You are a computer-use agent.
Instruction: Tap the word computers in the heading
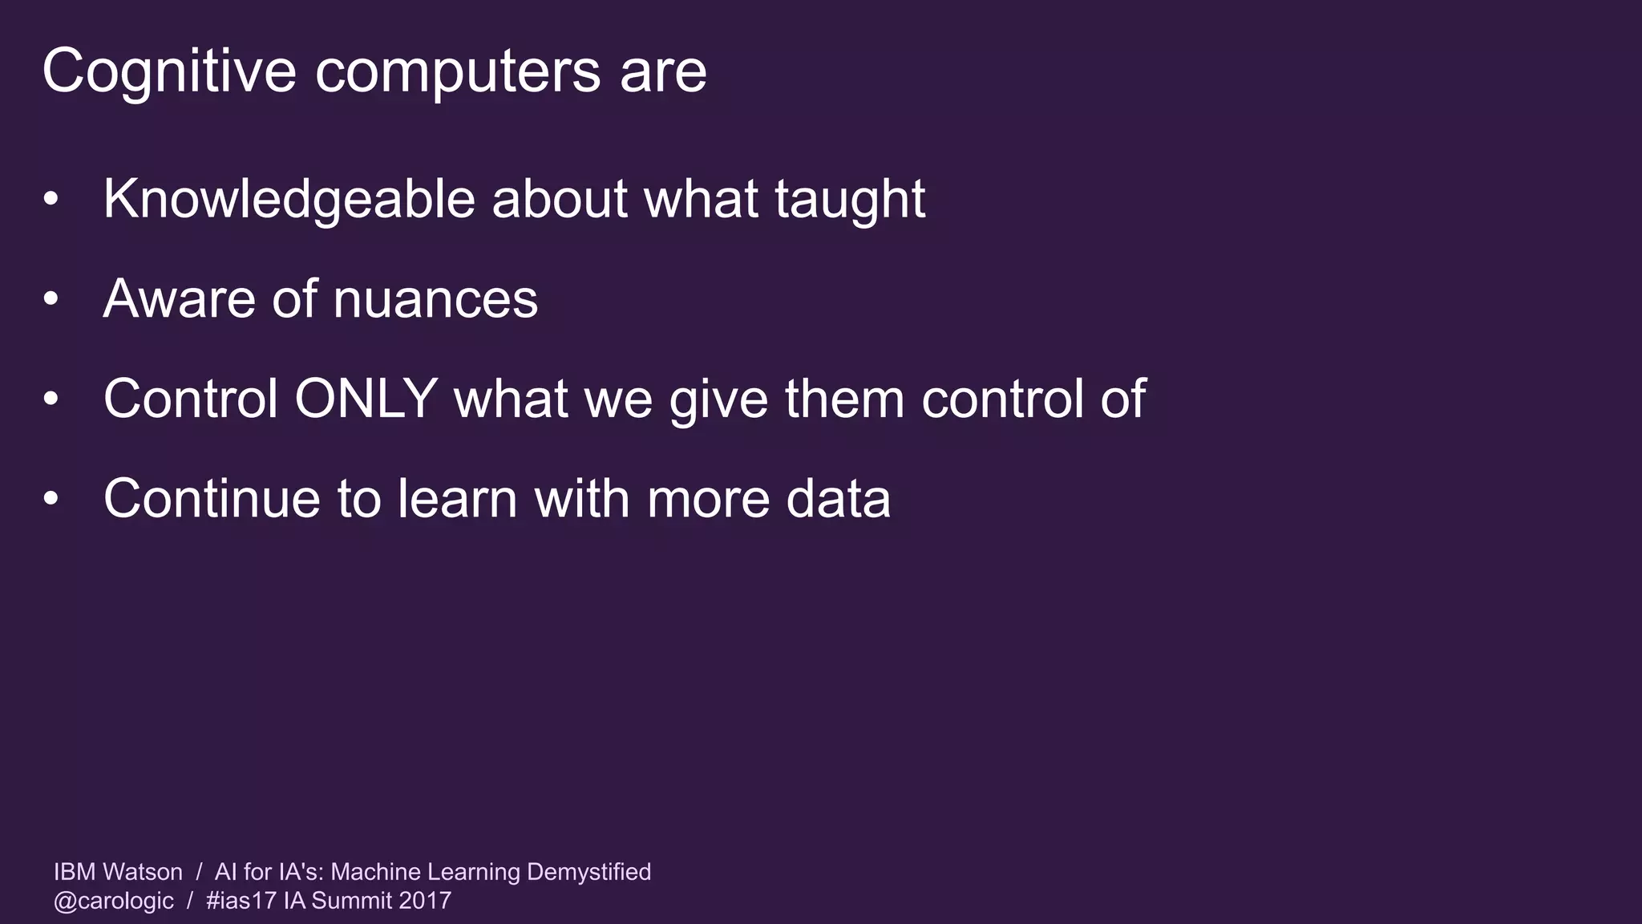tap(458, 71)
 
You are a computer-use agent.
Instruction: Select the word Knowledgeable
tap(289, 199)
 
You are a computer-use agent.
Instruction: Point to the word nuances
tap(435, 299)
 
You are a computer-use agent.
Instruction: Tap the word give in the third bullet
tap(718, 399)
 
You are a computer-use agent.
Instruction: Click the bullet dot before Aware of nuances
tap(51, 299)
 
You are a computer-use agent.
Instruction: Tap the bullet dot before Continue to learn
tap(51, 499)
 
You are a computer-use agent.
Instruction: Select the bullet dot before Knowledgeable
tap(51, 199)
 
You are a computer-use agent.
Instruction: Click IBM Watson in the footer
tap(118, 872)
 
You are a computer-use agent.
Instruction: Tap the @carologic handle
tap(114, 901)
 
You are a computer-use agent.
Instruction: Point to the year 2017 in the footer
tap(425, 901)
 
